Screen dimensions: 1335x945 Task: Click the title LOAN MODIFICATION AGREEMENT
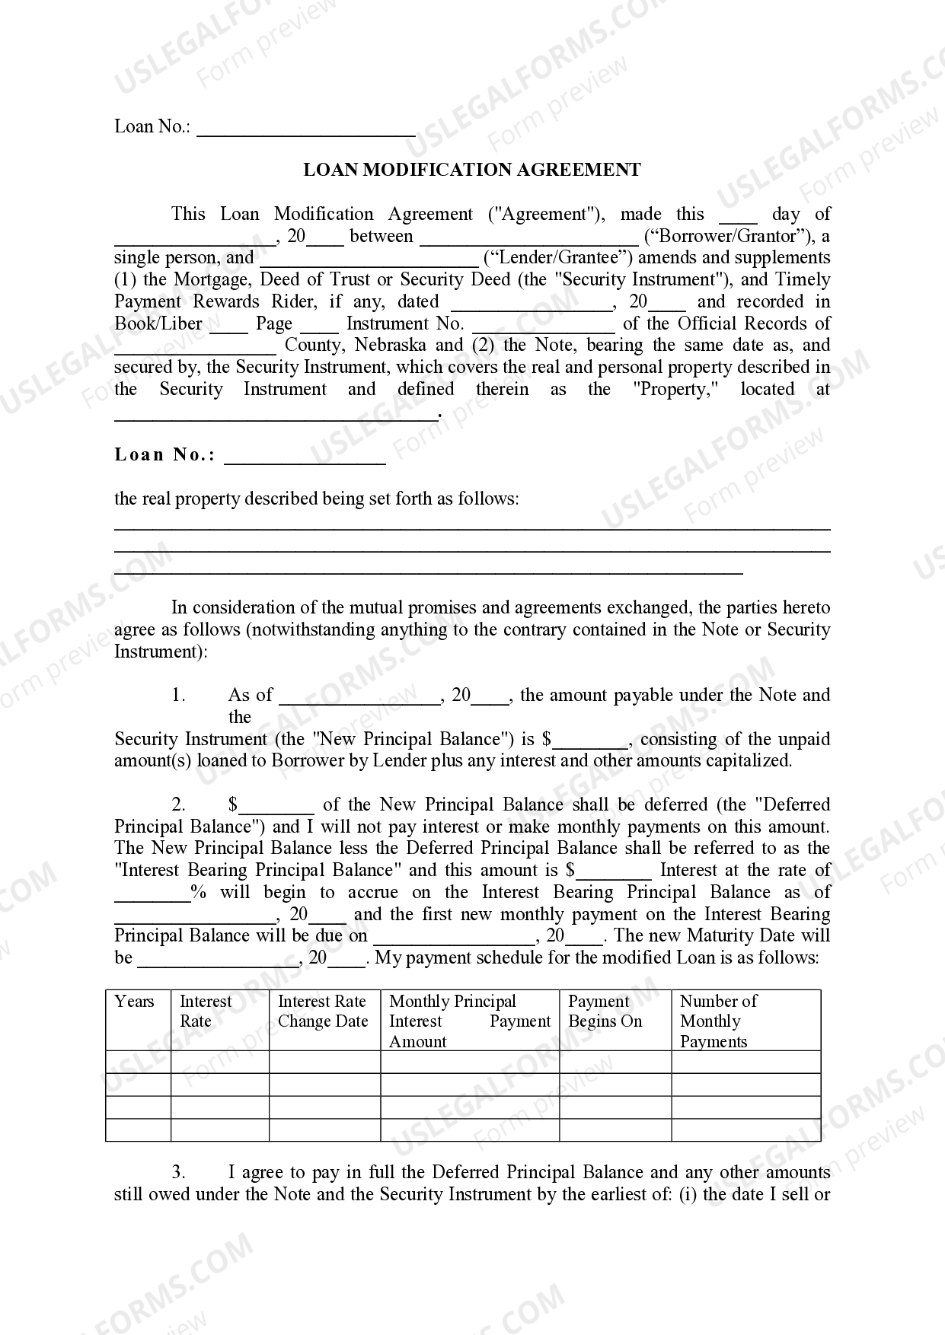click(472, 170)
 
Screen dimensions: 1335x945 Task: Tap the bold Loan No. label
click(164, 455)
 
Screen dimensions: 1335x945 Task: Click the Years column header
click(135, 1002)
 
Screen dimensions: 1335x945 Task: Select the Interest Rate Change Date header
click(323, 1012)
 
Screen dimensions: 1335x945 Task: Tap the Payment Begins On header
click(605, 1012)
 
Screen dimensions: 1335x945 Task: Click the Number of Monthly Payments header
click(718, 1021)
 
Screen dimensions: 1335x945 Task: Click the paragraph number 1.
click(178, 695)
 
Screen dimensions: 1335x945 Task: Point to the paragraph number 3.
click(178, 1173)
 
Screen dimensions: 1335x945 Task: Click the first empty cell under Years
click(138, 1062)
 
